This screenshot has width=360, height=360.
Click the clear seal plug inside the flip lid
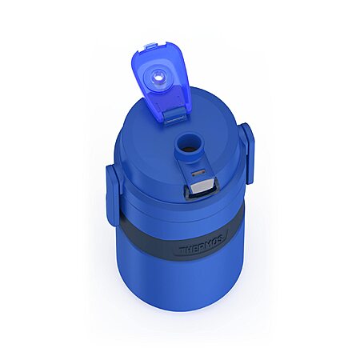(157, 78)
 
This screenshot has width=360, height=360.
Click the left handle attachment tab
(113, 190)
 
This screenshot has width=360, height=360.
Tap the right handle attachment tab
(246, 154)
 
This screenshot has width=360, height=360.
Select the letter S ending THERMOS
(222, 242)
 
